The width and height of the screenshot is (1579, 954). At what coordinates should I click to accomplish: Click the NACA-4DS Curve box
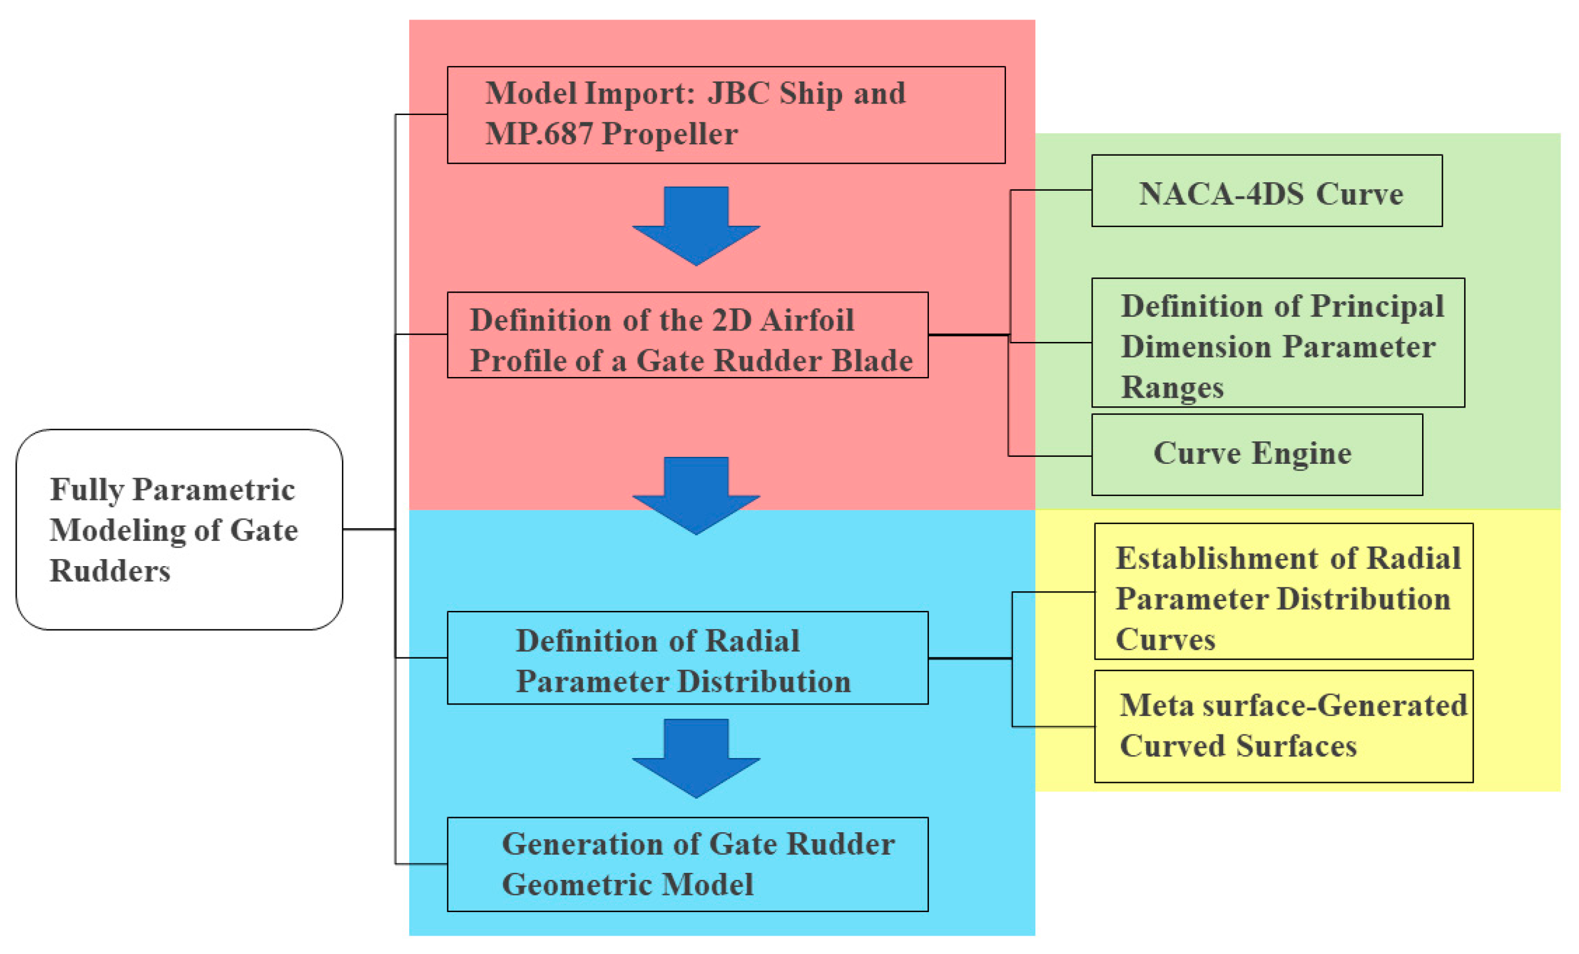point(1266,191)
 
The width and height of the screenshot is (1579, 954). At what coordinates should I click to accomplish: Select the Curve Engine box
point(1257,454)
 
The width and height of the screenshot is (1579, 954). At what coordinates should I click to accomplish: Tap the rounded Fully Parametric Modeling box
point(179,529)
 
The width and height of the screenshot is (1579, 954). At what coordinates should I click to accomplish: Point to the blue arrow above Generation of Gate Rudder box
point(696,758)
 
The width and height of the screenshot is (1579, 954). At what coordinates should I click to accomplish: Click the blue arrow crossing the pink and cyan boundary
point(696,495)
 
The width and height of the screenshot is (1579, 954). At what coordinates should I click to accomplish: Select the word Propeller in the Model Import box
point(670,134)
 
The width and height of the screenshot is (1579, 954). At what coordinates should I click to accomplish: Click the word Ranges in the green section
point(1171,387)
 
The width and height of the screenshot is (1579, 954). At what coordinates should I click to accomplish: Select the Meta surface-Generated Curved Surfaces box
point(1283,726)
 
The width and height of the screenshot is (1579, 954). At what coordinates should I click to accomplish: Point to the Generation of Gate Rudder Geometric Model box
point(687,864)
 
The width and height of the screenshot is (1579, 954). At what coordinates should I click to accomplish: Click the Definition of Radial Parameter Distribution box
point(687,658)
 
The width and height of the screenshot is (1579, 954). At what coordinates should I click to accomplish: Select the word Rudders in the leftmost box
point(110,571)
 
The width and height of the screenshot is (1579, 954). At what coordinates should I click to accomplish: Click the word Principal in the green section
point(1377,306)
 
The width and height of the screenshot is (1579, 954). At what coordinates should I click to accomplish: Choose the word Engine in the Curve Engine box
point(1301,453)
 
